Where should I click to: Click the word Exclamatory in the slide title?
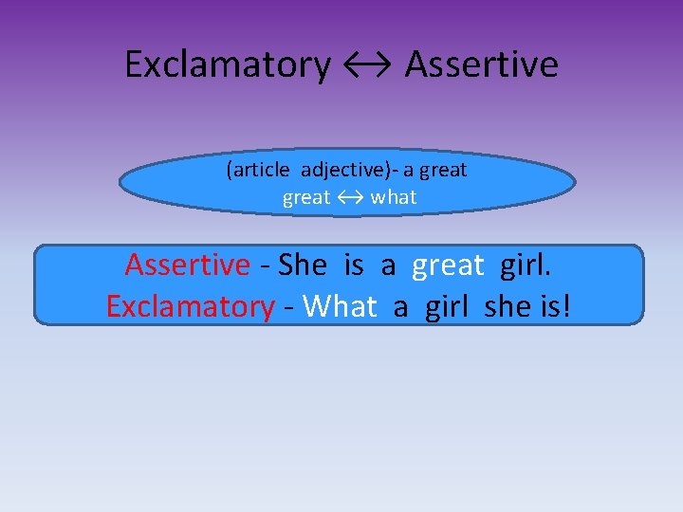coord(228,64)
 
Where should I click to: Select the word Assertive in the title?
coord(482,64)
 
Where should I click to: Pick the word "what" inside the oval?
coord(394,197)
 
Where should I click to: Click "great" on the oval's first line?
coord(443,171)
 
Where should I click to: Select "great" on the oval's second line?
coord(306,197)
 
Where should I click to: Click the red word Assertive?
coord(187,265)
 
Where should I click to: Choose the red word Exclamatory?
coord(190,306)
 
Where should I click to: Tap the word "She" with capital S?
coord(302,265)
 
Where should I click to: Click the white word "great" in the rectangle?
coord(448,265)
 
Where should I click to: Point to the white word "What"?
coord(340,306)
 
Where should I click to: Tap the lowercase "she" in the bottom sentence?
coord(510,306)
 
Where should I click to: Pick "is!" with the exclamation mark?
coord(559,306)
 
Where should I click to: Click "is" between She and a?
coord(354,265)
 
